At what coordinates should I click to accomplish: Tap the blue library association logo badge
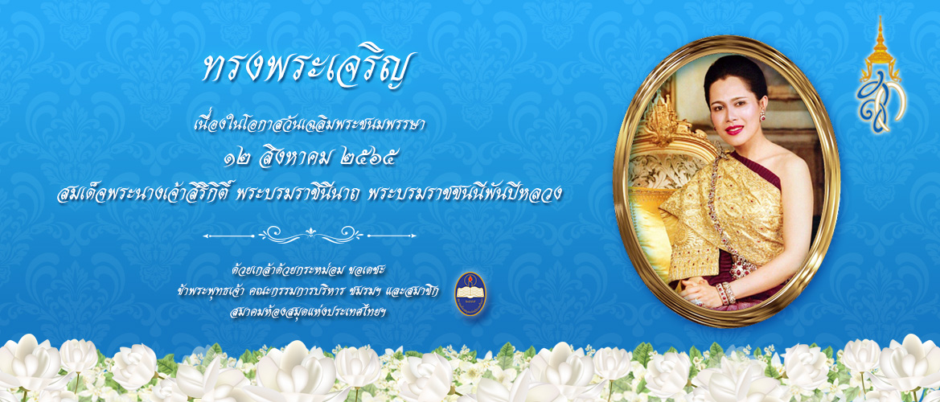coord(470,293)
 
